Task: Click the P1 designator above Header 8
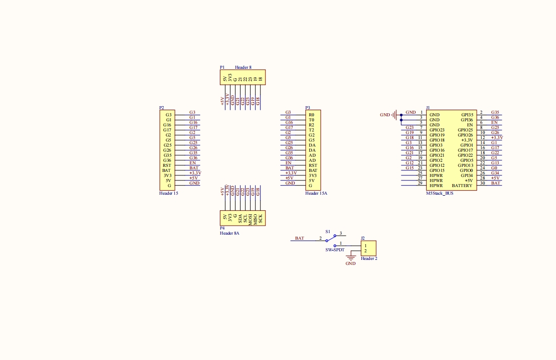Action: click(x=222, y=67)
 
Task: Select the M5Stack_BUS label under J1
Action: click(x=439, y=193)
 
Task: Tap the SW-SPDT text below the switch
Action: click(x=335, y=250)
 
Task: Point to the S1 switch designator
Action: click(x=328, y=231)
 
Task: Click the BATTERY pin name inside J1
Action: click(x=462, y=186)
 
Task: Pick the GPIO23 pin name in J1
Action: click(x=437, y=130)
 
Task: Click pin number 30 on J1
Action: click(x=483, y=183)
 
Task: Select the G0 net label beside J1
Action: click(x=494, y=168)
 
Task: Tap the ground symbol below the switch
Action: click(x=350, y=258)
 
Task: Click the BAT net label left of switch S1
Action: click(x=300, y=238)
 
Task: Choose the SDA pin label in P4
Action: click(x=240, y=219)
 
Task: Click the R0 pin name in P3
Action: click(x=311, y=115)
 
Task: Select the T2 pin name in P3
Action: click(x=311, y=130)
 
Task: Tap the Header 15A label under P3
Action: click(x=316, y=193)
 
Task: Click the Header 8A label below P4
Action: click(x=229, y=233)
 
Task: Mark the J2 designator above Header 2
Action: click(x=362, y=238)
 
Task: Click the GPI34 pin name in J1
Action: click(x=467, y=175)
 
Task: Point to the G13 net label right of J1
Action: click(x=495, y=163)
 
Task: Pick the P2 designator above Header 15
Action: click(x=161, y=108)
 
